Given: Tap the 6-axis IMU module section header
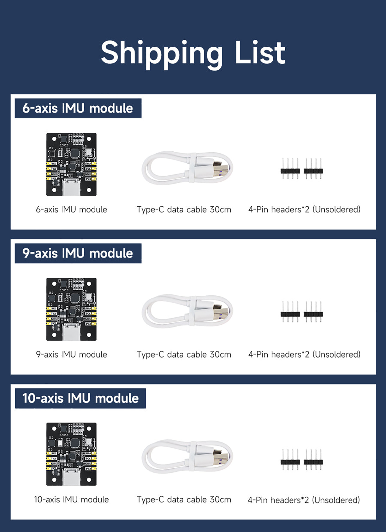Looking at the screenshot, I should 78,108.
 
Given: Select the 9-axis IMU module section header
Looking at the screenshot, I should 78,253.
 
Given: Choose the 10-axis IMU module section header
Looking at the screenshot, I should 80,398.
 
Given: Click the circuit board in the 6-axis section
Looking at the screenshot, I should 71,164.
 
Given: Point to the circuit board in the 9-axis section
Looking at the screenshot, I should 71,309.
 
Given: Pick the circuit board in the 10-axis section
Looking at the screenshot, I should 71,454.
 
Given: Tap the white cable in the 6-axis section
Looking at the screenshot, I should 187,168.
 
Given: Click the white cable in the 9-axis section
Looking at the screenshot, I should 187,311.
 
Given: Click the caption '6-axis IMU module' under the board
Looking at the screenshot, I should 71,210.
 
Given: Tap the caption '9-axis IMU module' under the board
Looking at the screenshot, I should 71,355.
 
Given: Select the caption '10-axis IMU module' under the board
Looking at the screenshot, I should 71,500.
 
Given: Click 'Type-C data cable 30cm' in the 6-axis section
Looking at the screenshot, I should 184,210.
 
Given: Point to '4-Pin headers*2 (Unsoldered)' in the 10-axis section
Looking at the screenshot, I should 304,500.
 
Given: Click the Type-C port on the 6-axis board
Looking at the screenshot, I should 71,187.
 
